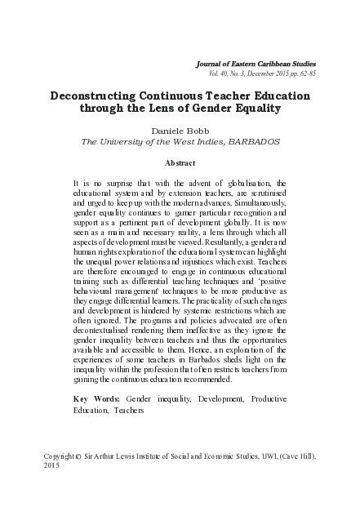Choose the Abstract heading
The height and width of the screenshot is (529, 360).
click(x=180, y=162)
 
